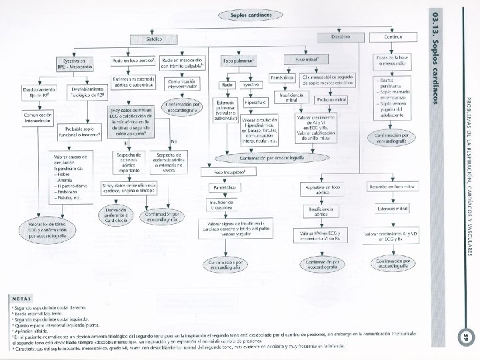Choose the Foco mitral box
[x=306, y=60]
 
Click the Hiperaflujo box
[x=255, y=103]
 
